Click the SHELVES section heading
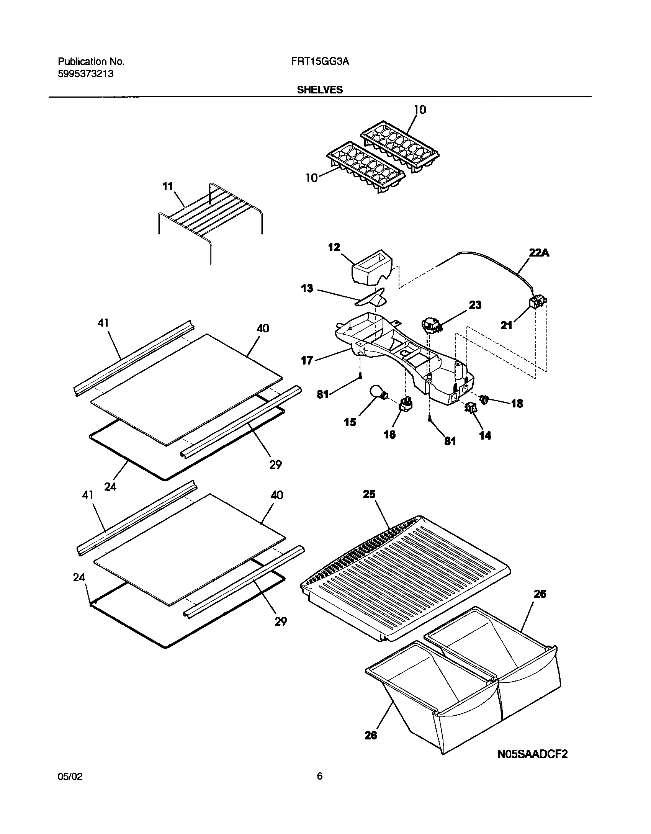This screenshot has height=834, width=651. [x=320, y=90]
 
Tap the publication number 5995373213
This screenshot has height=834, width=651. [x=85, y=74]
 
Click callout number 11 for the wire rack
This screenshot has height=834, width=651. [x=168, y=186]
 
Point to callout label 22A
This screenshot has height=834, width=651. [x=539, y=253]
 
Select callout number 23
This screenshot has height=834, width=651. [x=475, y=305]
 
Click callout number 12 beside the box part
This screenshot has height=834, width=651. [x=334, y=247]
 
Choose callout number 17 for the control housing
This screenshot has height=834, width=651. [x=307, y=360]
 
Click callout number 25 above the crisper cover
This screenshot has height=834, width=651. [x=369, y=494]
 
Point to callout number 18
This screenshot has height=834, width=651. [x=517, y=404]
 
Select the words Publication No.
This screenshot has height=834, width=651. [x=91, y=62]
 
